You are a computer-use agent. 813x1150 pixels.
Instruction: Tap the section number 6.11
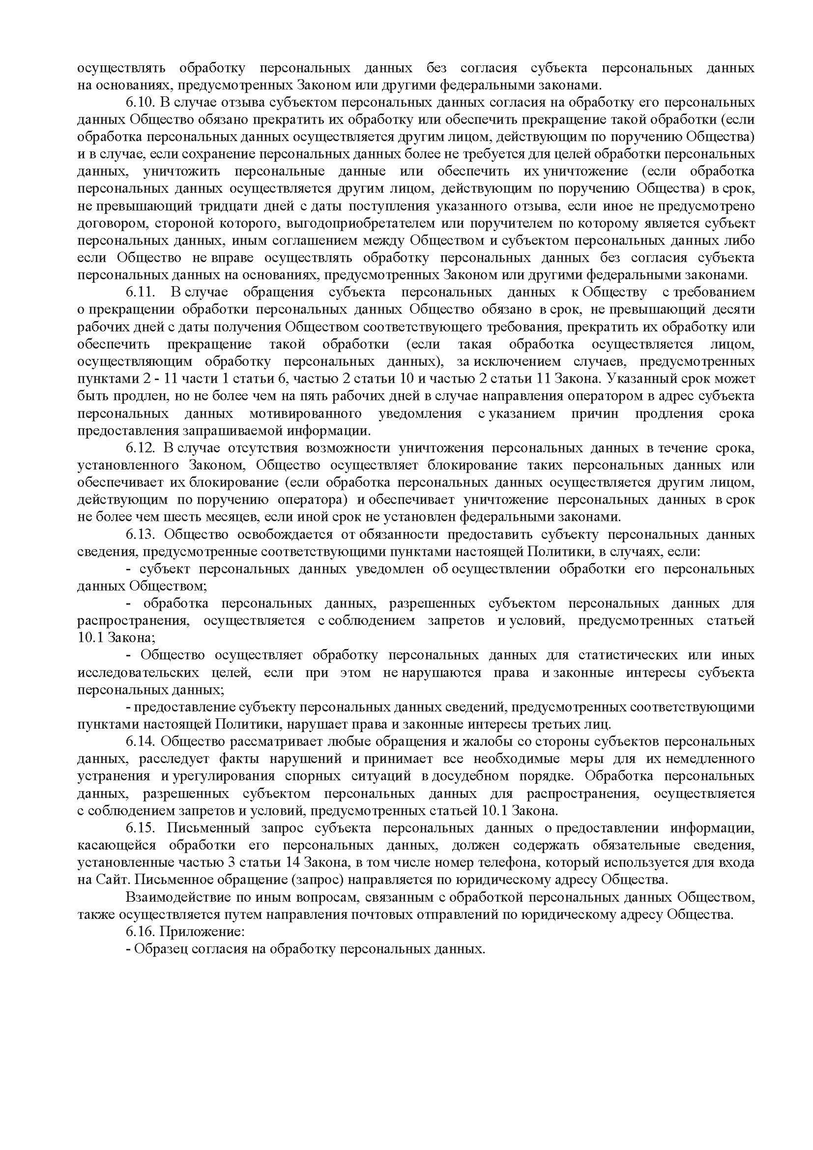click(142, 292)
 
